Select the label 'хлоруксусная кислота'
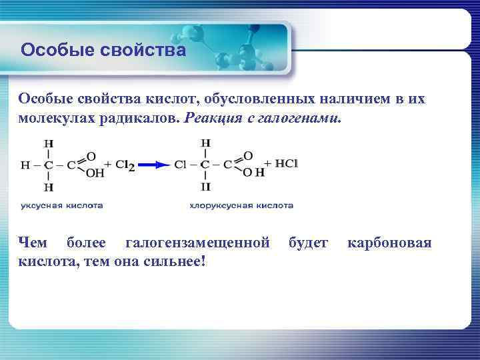point(241,206)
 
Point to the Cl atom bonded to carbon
point(180,165)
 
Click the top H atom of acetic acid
point(49,143)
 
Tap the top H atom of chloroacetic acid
point(205,143)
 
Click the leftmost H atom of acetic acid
point(25,165)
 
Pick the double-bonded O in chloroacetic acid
point(247,155)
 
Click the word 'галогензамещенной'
point(197,242)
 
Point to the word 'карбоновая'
point(389,242)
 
